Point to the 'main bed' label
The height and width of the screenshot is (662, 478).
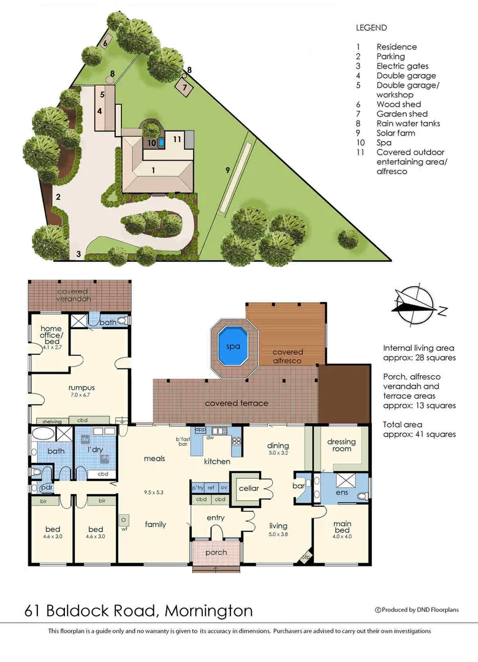tap(342, 527)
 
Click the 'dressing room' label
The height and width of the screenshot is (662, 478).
tap(341, 445)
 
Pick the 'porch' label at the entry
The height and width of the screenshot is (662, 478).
tap(216, 552)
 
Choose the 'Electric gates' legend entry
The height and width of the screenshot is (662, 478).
tap(402, 66)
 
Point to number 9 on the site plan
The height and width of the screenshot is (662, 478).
tap(227, 170)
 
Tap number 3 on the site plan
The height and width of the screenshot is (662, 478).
tap(78, 253)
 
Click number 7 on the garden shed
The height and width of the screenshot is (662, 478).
tap(184, 87)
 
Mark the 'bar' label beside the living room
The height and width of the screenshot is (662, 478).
tap(299, 485)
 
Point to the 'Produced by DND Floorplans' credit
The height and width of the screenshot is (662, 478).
tap(416, 609)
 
